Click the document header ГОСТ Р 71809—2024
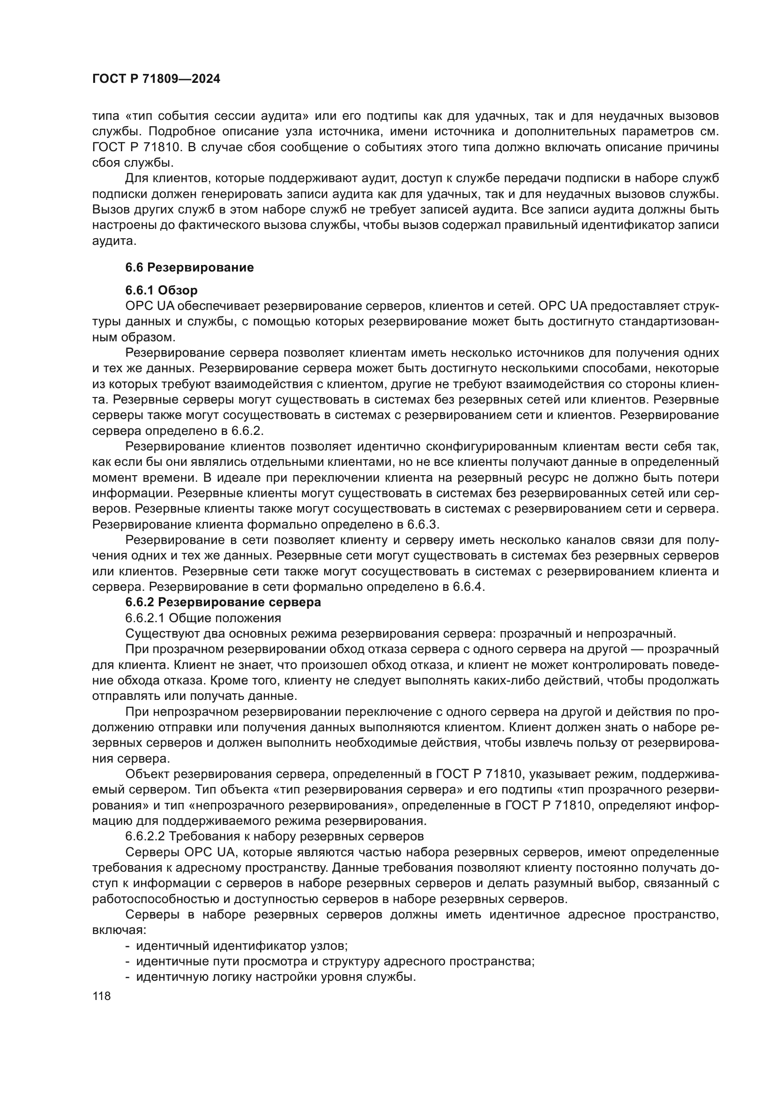click(x=156, y=79)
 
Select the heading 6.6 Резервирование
click(x=189, y=268)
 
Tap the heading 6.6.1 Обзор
click(x=161, y=290)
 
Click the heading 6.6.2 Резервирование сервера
click(x=223, y=603)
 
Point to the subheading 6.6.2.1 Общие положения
click(x=203, y=618)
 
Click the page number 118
click(x=102, y=996)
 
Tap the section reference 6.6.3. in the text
click(x=423, y=525)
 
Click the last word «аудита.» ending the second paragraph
click(x=114, y=241)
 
